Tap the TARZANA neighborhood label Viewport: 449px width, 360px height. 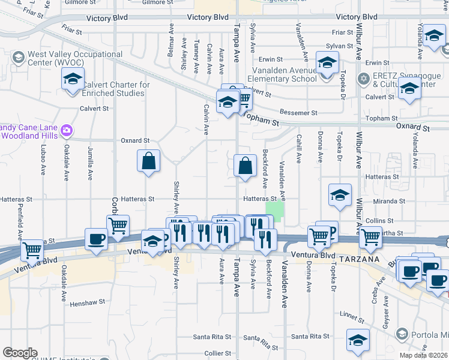pos(359,258)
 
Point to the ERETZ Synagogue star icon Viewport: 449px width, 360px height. pos(363,79)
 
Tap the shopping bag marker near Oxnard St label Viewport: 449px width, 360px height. pos(148,161)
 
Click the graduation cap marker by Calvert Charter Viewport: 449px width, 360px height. pos(73,79)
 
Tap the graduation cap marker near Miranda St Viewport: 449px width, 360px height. pos(340,196)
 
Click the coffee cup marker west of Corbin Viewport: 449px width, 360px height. pos(96,239)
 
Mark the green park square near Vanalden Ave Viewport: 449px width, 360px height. pos(276,210)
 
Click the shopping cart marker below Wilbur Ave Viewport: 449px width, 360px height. pos(370,238)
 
